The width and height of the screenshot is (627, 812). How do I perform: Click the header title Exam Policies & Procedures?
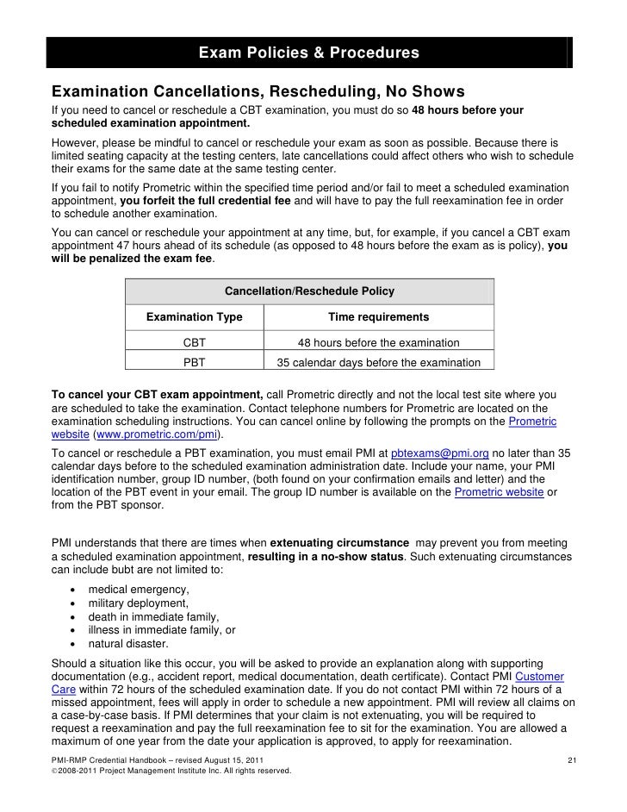pyautogui.click(x=309, y=54)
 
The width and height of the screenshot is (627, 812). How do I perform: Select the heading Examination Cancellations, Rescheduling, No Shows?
pyautogui.click(x=258, y=91)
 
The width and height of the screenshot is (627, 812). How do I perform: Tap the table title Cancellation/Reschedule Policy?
pyautogui.click(x=309, y=290)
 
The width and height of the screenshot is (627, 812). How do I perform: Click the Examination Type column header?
pyautogui.click(x=194, y=317)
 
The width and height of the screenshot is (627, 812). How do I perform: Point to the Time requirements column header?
pyautogui.click(x=379, y=317)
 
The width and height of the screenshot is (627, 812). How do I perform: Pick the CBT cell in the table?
pyautogui.click(x=194, y=343)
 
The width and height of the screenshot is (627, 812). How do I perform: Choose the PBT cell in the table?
pyautogui.click(x=194, y=363)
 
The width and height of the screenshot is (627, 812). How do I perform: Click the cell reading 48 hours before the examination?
pyautogui.click(x=379, y=343)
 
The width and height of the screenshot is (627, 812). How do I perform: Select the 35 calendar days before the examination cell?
pyautogui.click(x=379, y=363)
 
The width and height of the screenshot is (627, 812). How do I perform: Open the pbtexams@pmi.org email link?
pyautogui.click(x=439, y=453)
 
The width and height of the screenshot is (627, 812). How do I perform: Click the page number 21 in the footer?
pyautogui.click(x=571, y=758)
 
